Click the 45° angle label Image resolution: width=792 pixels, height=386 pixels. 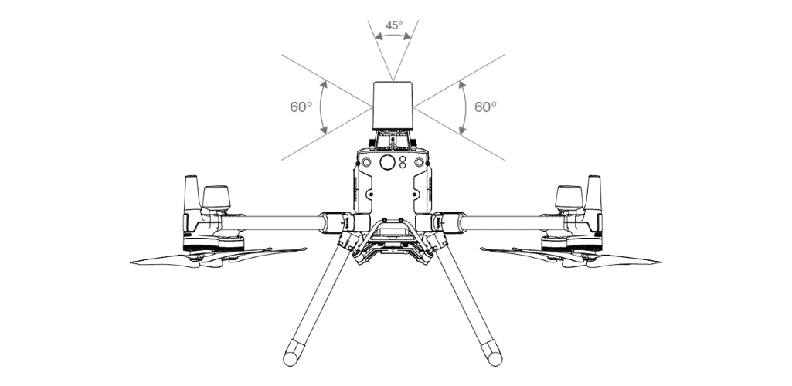click(394, 25)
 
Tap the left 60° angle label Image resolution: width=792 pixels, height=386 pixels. click(301, 107)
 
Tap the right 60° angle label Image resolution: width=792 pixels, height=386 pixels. click(485, 107)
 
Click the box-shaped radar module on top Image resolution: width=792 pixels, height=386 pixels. click(393, 106)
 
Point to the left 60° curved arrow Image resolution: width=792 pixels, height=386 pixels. click(323, 107)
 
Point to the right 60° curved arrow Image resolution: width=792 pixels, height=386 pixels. click(464, 107)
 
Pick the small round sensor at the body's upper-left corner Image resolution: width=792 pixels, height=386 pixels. click(364, 163)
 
